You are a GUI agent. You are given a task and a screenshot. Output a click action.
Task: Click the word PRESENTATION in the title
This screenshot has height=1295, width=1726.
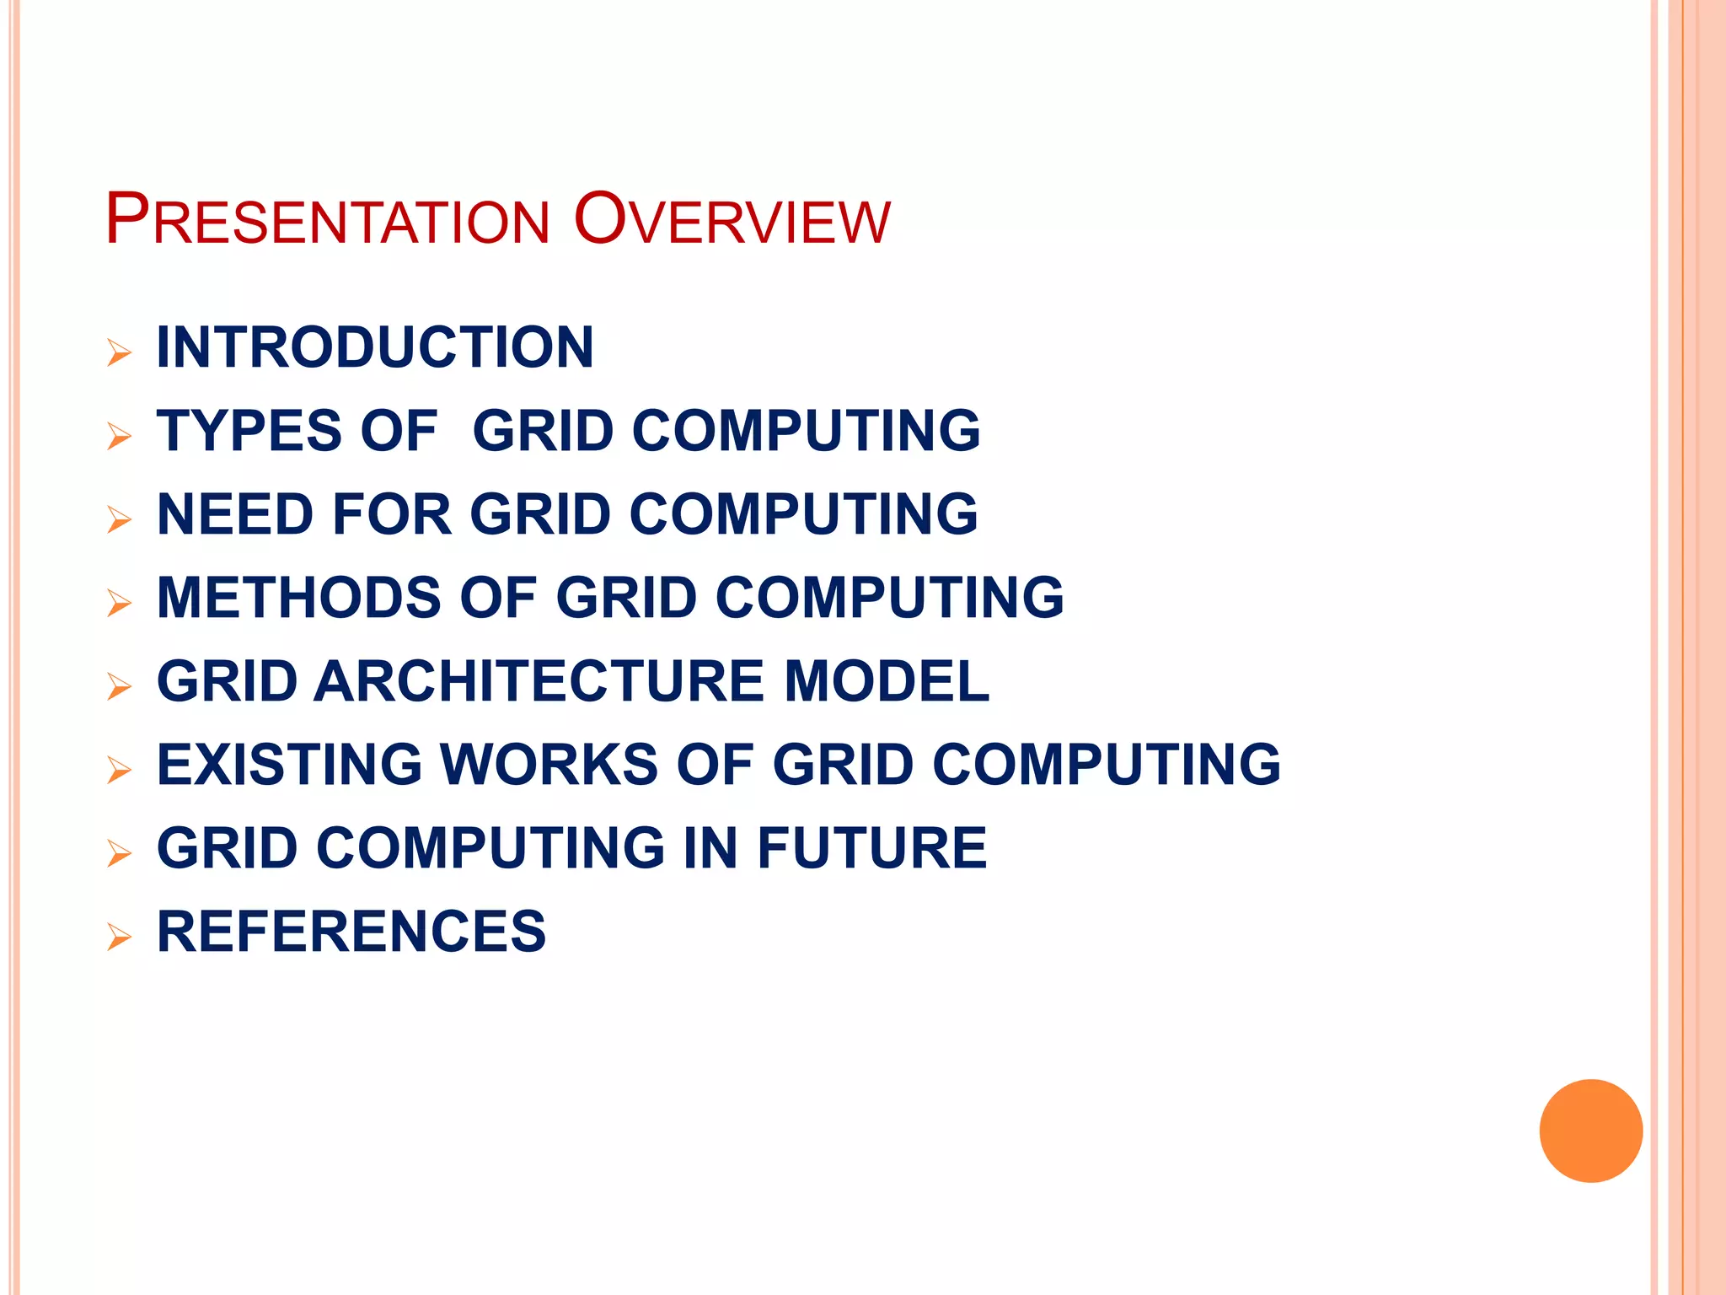(x=327, y=221)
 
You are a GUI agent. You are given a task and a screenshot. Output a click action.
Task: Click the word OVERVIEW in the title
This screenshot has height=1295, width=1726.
(x=732, y=221)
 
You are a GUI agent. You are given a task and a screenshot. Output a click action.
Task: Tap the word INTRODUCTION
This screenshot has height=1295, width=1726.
(x=375, y=347)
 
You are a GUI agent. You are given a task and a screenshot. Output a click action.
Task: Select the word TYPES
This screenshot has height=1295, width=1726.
(x=249, y=431)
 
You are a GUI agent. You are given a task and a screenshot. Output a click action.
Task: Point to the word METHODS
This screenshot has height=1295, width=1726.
(x=299, y=598)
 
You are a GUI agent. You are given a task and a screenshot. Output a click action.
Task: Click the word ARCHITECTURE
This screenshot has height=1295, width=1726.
(x=539, y=681)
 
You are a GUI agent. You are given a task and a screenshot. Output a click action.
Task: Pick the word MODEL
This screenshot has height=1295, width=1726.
(x=887, y=681)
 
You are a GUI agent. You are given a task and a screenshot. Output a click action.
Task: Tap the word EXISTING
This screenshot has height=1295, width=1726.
(x=289, y=765)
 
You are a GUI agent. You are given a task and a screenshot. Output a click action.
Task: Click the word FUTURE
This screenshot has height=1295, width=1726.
(x=871, y=848)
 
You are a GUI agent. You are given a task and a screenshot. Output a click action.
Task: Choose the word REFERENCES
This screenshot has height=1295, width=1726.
(x=351, y=932)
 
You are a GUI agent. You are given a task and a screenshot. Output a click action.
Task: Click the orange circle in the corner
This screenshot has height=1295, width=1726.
(x=1590, y=1131)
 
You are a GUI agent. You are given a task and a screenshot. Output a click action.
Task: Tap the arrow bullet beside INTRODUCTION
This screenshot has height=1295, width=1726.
(x=120, y=352)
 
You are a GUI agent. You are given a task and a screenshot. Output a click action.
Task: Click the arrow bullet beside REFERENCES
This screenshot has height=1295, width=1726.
(x=120, y=937)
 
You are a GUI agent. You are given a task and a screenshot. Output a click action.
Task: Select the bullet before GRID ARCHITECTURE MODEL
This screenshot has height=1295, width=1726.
(x=120, y=686)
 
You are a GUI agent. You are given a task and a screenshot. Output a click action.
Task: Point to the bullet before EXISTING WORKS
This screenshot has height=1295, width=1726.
(x=120, y=770)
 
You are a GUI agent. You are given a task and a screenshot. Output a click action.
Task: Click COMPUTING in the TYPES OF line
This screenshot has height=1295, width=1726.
(x=807, y=431)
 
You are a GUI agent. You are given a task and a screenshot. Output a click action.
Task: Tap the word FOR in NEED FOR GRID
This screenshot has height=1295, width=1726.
(x=392, y=514)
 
